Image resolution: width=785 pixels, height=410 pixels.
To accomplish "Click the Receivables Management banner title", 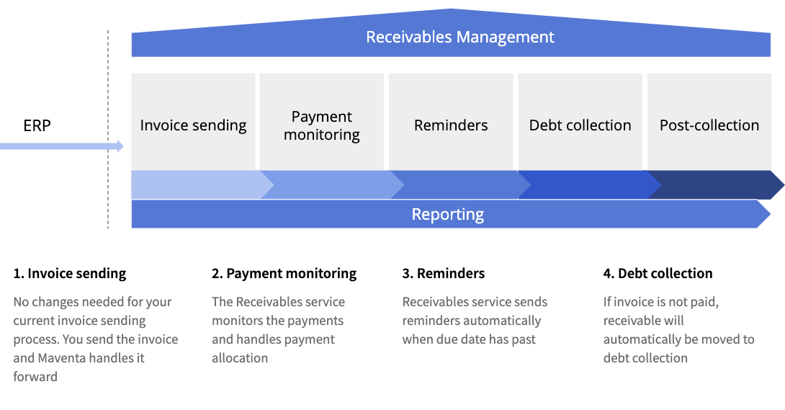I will (x=460, y=37).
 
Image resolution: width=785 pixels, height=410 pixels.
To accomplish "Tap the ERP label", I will (x=37, y=126).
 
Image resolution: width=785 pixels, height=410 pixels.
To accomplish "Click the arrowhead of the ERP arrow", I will (x=120, y=146).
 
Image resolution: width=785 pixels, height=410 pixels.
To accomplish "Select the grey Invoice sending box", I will (x=193, y=121).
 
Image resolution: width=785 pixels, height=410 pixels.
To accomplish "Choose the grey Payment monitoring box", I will (x=322, y=121).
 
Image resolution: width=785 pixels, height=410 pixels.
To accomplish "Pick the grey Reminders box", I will (x=451, y=121).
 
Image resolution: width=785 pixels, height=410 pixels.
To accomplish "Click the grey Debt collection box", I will (x=580, y=121).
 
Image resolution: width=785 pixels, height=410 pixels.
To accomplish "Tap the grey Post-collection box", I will (x=709, y=121).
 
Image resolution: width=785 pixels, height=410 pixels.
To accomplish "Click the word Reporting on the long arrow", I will (x=448, y=214).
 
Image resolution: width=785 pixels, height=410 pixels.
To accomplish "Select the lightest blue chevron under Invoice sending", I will (x=194, y=185).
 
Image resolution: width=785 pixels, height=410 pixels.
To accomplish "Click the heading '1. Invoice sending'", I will (x=70, y=274).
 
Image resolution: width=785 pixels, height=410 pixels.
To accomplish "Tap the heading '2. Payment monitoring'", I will (x=284, y=274).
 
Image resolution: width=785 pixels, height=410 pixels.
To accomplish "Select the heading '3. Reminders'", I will (x=444, y=274).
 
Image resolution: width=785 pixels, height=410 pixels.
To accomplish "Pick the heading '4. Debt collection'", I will (x=658, y=274).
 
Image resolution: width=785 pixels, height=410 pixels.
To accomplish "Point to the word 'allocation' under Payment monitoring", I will (x=240, y=358).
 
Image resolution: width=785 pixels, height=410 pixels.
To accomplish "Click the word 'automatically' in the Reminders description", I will (x=503, y=321).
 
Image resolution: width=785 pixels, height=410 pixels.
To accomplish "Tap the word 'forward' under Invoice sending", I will (x=35, y=377).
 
